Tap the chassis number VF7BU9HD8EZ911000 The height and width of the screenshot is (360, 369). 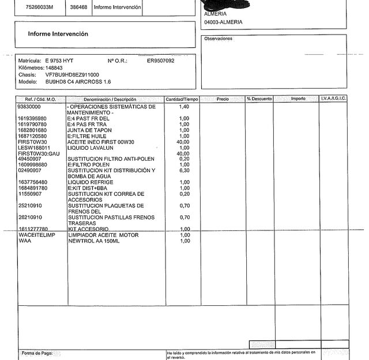pos(72,75)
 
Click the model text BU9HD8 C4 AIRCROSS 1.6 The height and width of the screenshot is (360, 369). pos(78,82)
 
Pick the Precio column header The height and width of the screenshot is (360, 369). pos(223,99)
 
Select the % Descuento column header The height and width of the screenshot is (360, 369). pos(259,99)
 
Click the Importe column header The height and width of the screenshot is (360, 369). pos(298,99)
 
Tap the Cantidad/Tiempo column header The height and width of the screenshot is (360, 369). pos(182,99)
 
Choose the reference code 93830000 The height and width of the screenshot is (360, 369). pos(29,107)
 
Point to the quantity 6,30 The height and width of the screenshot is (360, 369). pos(184,170)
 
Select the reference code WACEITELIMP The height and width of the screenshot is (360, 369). pos(36,235)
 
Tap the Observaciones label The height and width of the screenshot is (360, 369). pos(219,39)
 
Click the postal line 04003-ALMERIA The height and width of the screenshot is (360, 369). pos(223,22)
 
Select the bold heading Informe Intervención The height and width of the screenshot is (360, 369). pos(58,34)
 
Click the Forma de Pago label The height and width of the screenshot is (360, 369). pos(36,353)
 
